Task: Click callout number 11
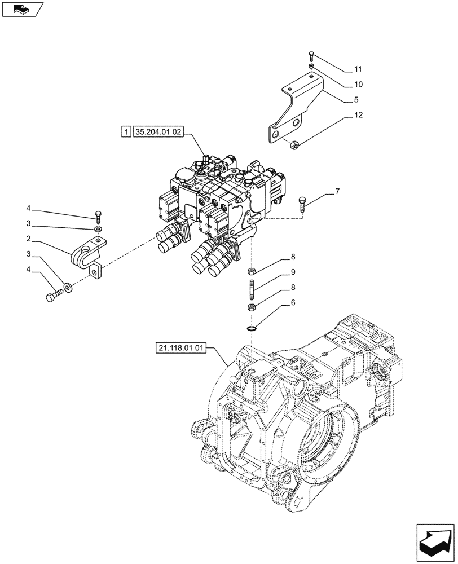point(358,69)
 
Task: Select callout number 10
point(358,85)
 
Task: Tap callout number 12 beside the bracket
point(358,115)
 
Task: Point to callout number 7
point(337,192)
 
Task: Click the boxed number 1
point(125,133)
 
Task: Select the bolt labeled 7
point(303,204)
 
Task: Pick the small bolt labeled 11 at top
point(311,56)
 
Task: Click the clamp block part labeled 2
point(87,253)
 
